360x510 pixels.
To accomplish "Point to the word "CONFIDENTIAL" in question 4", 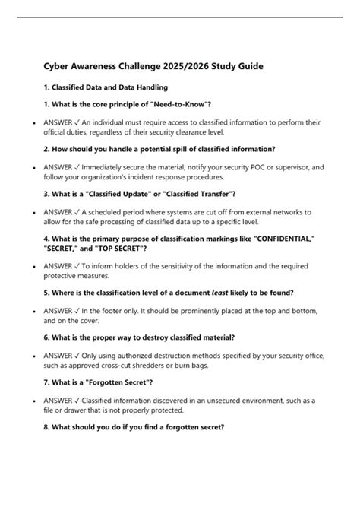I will [x=275, y=238].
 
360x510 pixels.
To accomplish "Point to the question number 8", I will [x=46, y=427].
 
